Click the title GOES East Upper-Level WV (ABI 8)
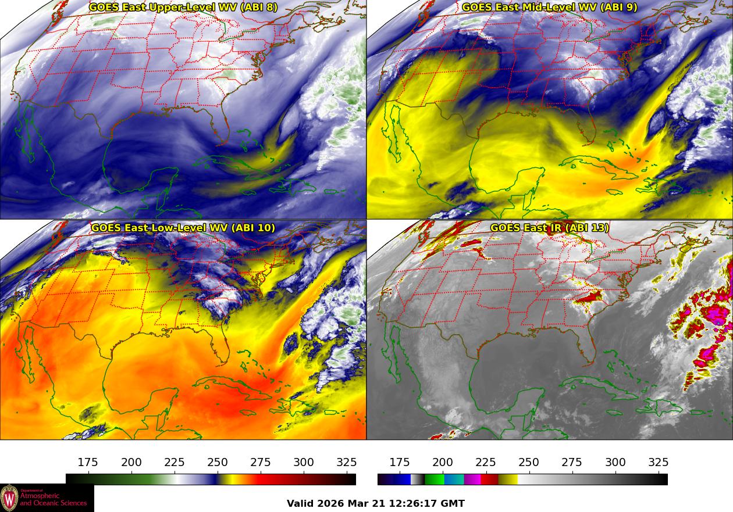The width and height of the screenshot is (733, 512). [183, 8]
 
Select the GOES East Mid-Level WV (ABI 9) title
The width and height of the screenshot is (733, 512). [549, 8]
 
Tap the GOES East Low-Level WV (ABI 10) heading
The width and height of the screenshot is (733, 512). [183, 228]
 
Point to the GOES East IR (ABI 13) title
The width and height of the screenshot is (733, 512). [549, 228]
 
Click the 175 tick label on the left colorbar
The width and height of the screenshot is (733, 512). [88, 463]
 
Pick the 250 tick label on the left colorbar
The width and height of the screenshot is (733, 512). [218, 463]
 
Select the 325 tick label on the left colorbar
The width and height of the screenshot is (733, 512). [347, 463]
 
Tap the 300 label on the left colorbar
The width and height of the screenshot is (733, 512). [304, 463]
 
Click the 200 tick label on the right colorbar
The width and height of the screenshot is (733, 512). [443, 463]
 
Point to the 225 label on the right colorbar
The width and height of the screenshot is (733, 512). [486, 463]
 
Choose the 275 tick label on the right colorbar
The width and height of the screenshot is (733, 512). [572, 463]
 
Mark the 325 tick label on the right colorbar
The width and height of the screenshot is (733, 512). [658, 463]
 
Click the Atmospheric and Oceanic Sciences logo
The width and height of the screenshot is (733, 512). [47, 498]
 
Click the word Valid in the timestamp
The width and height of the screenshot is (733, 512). [301, 504]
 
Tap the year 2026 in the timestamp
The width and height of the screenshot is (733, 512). [331, 504]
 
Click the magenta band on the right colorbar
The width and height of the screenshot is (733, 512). [472, 479]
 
